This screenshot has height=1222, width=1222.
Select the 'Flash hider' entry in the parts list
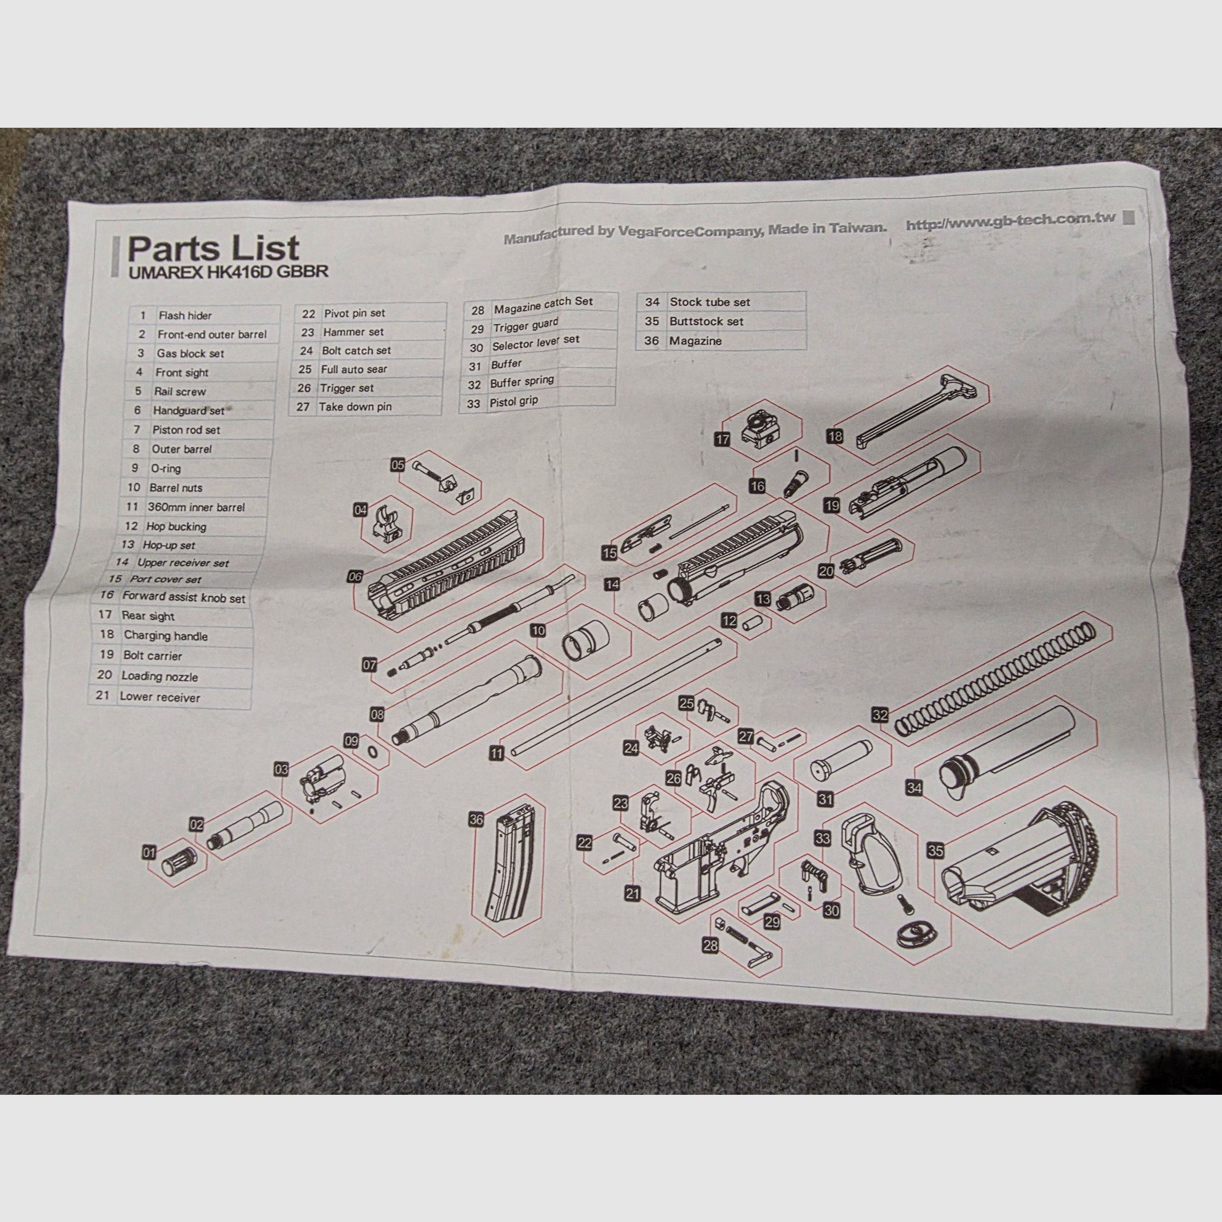tap(185, 315)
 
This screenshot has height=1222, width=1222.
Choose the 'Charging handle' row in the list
tap(165, 635)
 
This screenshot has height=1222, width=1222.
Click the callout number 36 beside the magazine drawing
tap(476, 820)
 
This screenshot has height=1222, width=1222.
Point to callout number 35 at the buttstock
tap(935, 851)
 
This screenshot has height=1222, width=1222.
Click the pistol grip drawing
tap(870, 854)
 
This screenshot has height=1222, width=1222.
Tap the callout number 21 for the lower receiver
tap(633, 894)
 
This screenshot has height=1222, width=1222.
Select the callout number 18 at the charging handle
tap(835, 436)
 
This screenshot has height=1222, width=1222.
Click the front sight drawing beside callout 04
tap(386, 524)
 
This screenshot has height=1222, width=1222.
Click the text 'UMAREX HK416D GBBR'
tap(228, 273)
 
